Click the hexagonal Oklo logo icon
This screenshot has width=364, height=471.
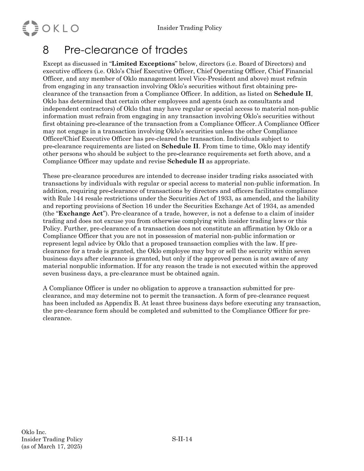click(x=30, y=28)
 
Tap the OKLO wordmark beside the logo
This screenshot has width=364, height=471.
click(x=60, y=28)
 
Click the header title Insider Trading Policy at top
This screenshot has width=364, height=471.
click(x=189, y=28)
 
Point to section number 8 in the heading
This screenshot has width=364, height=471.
click(x=46, y=50)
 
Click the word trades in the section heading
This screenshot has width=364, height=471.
click(x=171, y=50)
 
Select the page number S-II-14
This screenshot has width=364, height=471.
click(x=182, y=439)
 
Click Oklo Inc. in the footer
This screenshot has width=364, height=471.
click(x=34, y=432)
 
